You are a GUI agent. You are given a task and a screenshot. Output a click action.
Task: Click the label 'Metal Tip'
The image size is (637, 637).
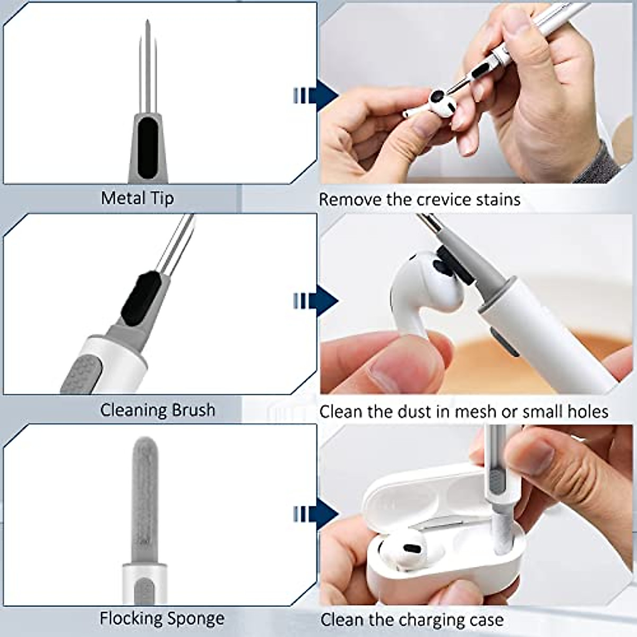137,198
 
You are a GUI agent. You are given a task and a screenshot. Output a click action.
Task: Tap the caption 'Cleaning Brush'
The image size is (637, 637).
158,410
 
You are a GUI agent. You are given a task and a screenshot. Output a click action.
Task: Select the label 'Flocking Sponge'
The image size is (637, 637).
162,618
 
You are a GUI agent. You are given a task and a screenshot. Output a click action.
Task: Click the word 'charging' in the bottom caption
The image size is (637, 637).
427,619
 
